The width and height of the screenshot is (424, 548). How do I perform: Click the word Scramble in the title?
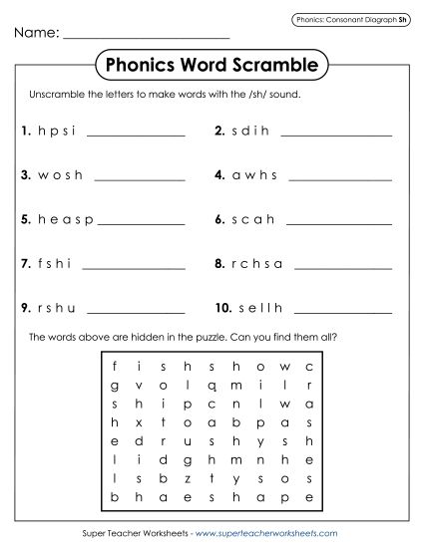pos(269,67)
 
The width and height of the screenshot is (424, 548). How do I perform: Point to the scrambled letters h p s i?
pos(57,130)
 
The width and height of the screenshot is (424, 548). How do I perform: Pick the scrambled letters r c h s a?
pos(258,264)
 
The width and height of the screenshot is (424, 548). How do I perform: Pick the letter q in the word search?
pos(212,386)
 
